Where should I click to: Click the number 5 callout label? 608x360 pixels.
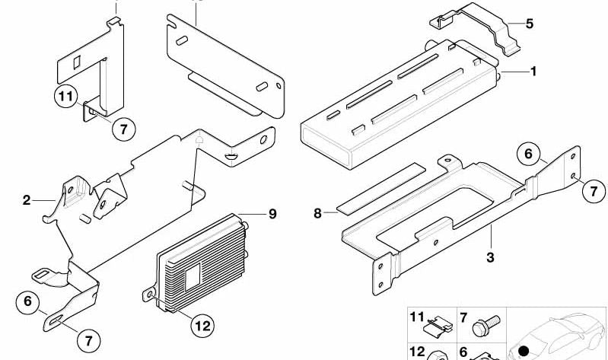530,24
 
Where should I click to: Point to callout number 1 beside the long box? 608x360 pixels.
533,72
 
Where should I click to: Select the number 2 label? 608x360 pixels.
26,200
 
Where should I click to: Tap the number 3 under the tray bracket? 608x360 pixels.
490,256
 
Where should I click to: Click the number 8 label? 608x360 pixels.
317,213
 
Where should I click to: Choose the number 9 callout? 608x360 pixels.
272,214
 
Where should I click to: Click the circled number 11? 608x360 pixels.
66,96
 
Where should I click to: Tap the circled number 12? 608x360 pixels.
202,325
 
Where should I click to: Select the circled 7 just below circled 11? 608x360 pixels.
124,129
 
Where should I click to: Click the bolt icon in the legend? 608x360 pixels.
486,326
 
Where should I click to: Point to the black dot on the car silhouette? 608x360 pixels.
524,351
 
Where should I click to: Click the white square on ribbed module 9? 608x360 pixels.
193,276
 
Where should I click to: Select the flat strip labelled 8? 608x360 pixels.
380,189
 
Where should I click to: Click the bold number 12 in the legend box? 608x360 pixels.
417,352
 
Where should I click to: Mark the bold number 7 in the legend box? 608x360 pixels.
463,318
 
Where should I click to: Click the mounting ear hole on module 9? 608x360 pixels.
149,295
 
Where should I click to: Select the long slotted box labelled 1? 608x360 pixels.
399,104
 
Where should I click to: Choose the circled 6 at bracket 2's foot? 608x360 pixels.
27,301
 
